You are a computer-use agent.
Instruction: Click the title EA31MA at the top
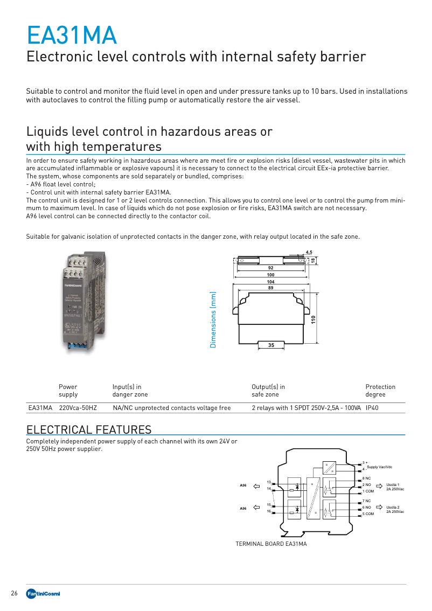click(72, 36)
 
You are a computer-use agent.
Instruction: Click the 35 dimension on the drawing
click(271, 345)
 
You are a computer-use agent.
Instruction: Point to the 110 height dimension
click(313, 318)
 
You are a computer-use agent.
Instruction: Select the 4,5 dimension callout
click(309, 252)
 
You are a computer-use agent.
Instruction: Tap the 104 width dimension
click(270, 282)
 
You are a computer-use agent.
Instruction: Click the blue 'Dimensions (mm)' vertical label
click(213, 320)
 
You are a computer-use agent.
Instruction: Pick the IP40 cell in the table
click(372, 408)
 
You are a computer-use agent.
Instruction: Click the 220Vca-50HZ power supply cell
click(78, 408)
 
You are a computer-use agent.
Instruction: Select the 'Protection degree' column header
click(380, 391)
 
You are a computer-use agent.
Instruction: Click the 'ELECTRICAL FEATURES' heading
click(89, 429)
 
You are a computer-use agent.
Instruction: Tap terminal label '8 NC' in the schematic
click(366, 478)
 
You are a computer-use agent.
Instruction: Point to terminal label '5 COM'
click(368, 514)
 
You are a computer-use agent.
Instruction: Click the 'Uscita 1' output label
click(393, 485)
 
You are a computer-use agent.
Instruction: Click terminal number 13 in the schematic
click(268, 482)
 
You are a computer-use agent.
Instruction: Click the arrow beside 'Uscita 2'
click(378, 508)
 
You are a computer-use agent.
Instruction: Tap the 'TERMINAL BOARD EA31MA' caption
click(271, 544)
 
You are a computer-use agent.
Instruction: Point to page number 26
click(15, 593)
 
